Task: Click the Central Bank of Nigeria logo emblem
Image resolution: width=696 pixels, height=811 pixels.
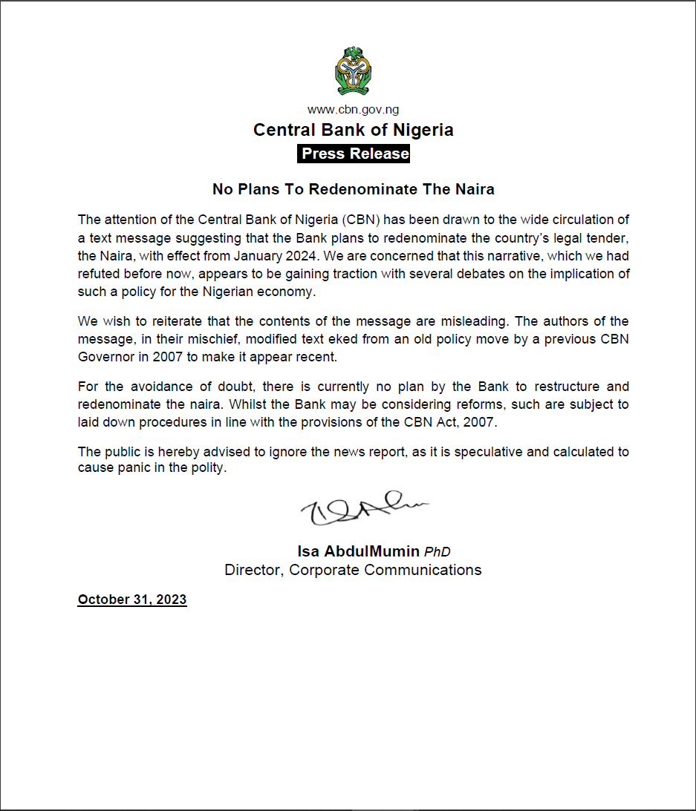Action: click(354, 71)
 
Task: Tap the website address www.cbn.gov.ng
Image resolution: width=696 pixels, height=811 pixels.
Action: click(354, 110)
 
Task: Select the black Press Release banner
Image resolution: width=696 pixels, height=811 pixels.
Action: click(354, 154)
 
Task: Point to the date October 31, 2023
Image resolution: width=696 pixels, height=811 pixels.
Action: click(132, 600)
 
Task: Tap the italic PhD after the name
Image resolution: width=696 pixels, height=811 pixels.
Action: click(438, 552)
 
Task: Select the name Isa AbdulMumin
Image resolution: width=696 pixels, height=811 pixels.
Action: click(359, 551)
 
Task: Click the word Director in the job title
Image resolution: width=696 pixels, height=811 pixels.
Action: click(253, 570)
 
